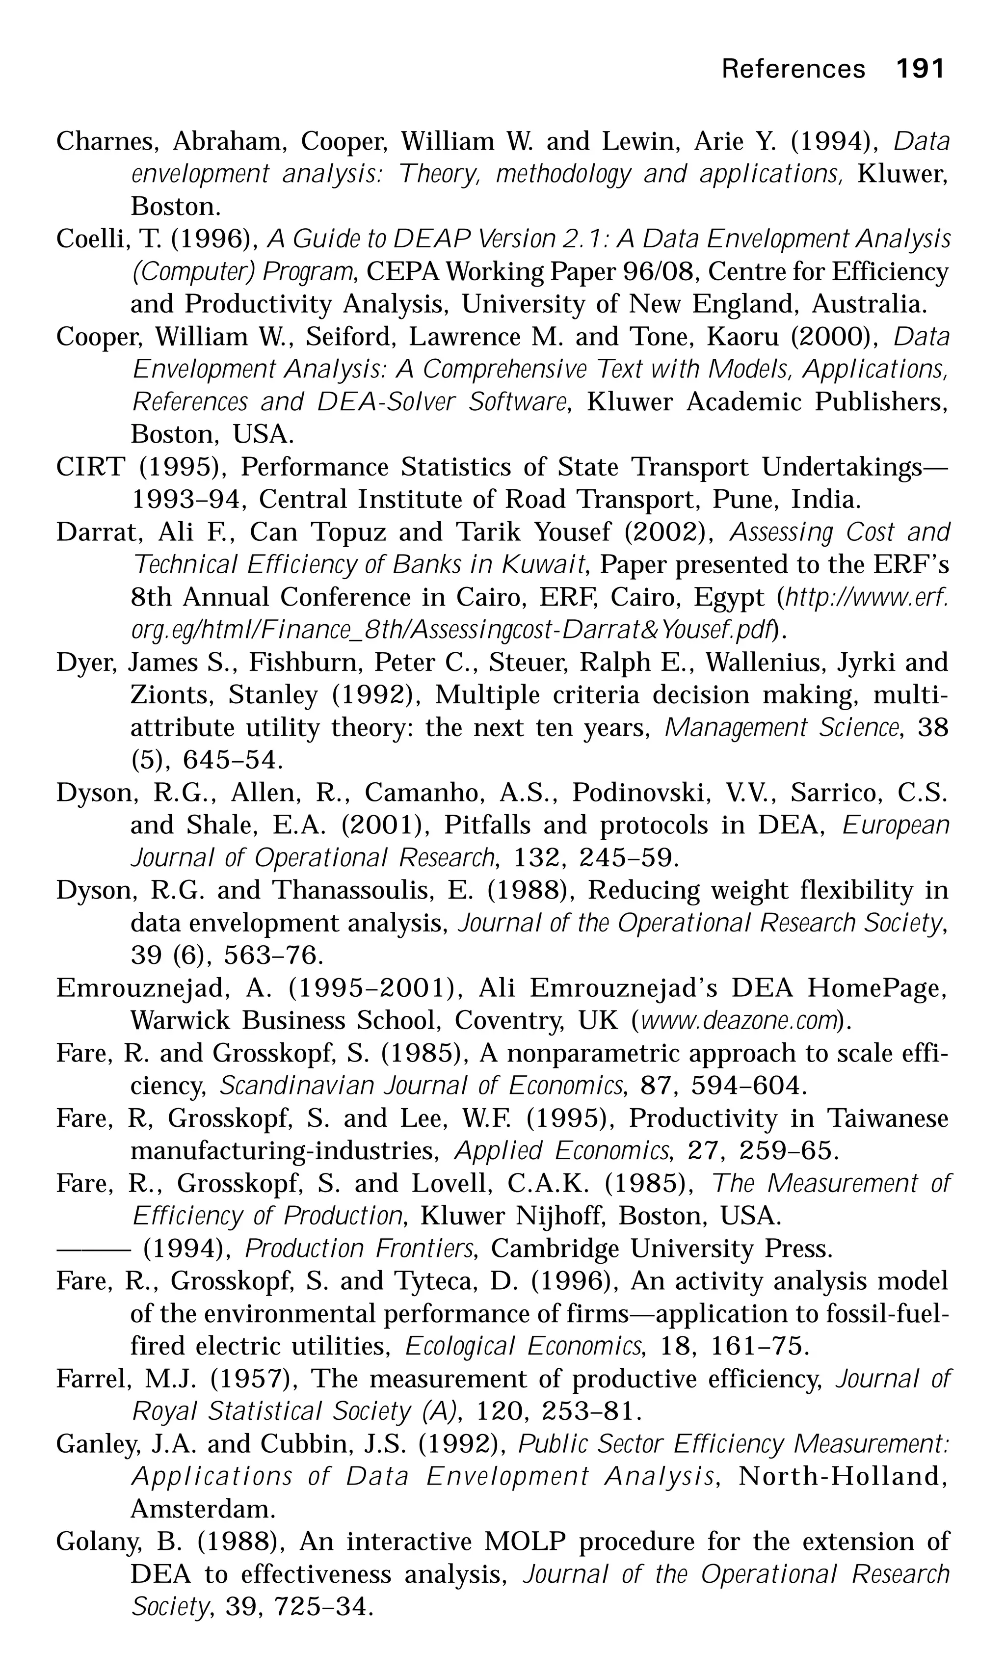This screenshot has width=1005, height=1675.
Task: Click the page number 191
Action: coord(920,68)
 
